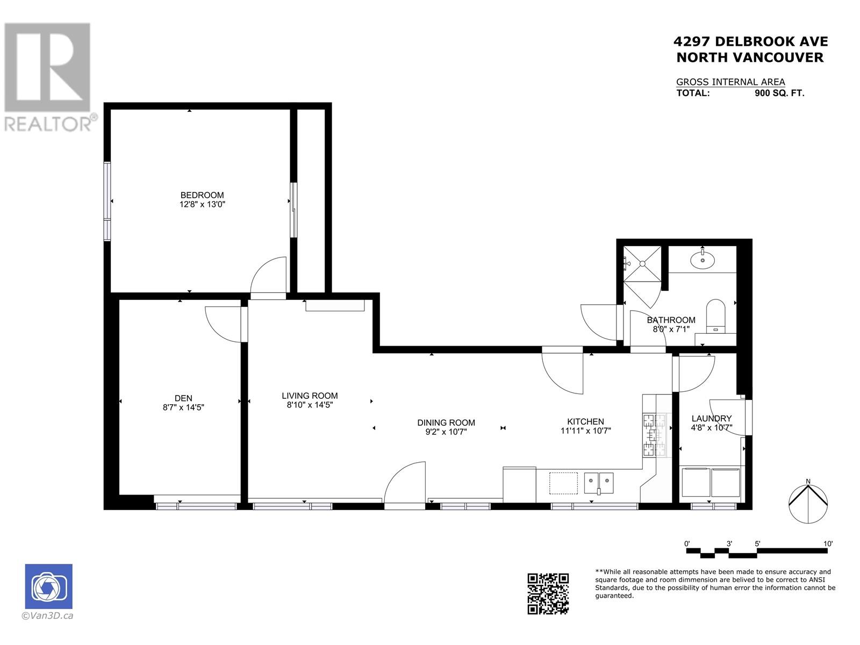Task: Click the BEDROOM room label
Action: point(202,195)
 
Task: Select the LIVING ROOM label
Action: point(310,396)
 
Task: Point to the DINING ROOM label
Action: point(446,422)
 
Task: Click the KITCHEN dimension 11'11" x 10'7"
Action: point(585,431)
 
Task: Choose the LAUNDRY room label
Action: point(711,418)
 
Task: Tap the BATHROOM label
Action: point(671,320)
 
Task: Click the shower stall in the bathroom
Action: point(642,263)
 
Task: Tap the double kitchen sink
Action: point(599,482)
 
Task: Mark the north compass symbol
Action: point(808,503)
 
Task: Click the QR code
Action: point(548,593)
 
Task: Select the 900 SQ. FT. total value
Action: point(779,93)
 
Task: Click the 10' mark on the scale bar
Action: point(828,544)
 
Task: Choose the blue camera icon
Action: point(48,586)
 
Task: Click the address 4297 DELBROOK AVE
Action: point(750,41)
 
